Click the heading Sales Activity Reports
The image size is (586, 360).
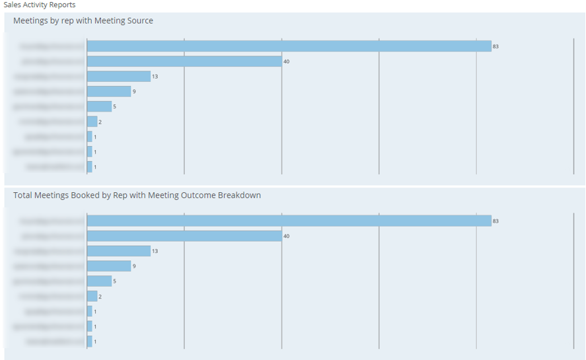(40, 5)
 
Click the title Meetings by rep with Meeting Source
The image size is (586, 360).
(83, 20)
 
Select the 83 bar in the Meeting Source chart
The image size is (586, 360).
(289, 46)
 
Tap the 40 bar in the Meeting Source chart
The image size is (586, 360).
(184, 61)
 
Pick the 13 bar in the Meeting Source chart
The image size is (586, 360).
(119, 76)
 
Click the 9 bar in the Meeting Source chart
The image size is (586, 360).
(109, 91)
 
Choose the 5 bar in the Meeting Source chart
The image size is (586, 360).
(99, 106)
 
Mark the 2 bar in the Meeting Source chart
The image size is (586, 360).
(92, 122)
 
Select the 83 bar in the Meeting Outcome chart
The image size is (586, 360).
(289, 221)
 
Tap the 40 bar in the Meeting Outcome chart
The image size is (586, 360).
(184, 236)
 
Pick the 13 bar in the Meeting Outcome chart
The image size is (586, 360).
(119, 251)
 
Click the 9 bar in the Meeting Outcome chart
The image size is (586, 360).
(109, 266)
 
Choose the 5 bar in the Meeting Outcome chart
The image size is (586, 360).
(99, 281)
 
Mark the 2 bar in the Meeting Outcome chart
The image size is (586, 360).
(92, 297)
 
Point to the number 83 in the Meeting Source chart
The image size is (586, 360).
(495, 46)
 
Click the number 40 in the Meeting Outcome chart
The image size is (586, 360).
(287, 236)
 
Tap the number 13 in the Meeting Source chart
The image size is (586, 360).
(155, 77)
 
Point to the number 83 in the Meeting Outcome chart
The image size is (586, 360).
(495, 221)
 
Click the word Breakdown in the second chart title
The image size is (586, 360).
(239, 195)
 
